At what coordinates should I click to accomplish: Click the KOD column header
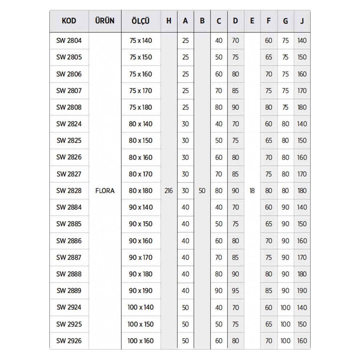tap(69, 21)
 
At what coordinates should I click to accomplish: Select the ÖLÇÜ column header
tap(140, 21)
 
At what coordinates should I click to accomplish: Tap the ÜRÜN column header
tap(104, 21)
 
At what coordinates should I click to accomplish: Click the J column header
tap(302, 21)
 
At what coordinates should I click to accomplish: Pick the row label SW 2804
tap(69, 40)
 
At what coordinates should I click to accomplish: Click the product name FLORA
tap(105, 191)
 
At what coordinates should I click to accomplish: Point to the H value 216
tap(168, 191)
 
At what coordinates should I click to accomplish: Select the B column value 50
tap(202, 191)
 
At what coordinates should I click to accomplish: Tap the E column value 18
tap(252, 191)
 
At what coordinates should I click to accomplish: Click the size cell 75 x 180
tap(140, 107)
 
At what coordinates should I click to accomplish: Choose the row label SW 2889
tap(69, 291)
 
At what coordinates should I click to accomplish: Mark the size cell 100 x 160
tap(140, 341)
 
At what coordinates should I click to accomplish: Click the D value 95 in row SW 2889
tap(235, 291)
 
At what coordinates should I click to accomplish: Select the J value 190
tap(302, 291)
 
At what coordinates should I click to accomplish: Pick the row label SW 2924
tap(69, 307)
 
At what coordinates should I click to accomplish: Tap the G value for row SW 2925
tap(285, 324)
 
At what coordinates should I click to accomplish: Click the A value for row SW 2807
tap(185, 91)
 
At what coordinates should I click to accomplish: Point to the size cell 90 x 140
tap(140, 207)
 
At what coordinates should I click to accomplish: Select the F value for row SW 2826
tap(268, 157)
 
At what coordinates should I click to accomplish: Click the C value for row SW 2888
tap(219, 274)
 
